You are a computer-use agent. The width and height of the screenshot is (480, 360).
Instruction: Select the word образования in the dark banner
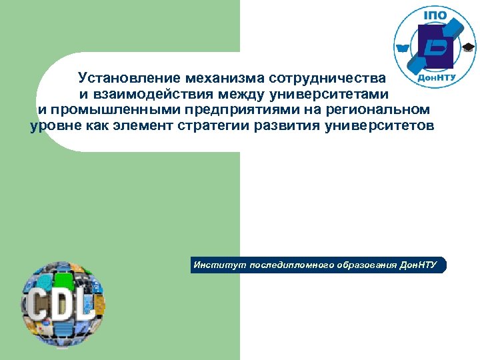364,265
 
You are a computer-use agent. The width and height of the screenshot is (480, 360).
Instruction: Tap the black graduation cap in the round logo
469,47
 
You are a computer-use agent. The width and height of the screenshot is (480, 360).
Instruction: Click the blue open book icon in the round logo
403,48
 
